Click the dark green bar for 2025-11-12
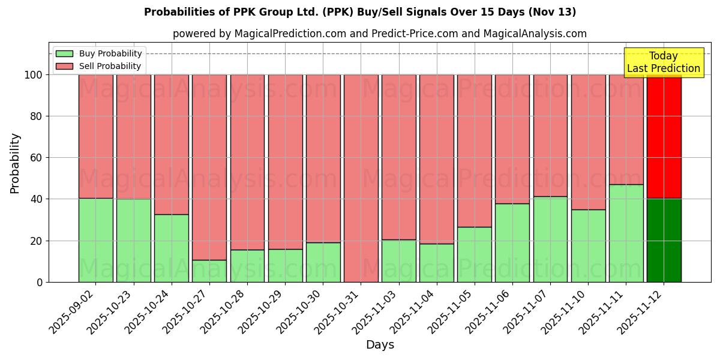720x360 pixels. (664, 240)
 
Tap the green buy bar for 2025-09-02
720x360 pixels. (95, 240)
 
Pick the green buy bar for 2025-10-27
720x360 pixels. (209, 271)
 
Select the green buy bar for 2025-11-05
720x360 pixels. (475, 254)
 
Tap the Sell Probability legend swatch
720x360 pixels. (64, 66)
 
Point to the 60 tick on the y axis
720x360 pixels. (37, 158)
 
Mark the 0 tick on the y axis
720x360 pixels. (40, 282)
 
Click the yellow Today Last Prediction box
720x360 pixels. (663, 62)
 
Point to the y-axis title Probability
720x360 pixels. (15, 163)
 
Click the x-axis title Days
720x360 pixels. (380, 345)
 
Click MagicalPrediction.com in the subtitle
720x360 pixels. (290, 34)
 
